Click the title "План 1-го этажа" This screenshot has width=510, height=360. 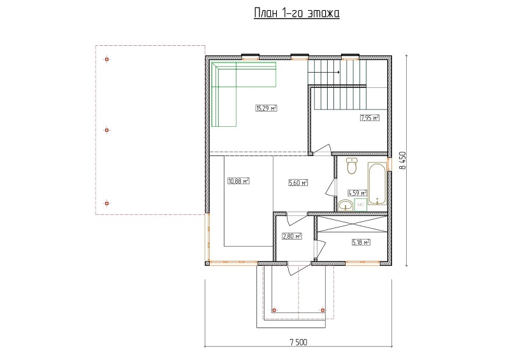pyautogui.click(x=296, y=13)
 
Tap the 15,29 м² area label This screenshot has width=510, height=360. pyautogui.click(x=266, y=108)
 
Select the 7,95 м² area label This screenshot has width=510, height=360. pyautogui.click(x=370, y=118)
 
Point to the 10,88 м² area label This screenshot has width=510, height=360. pyautogui.click(x=238, y=181)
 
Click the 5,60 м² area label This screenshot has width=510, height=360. pyautogui.click(x=298, y=183)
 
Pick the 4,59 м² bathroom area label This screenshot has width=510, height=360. pyautogui.click(x=358, y=193)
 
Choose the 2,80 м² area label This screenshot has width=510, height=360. pyautogui.click(x=292, y=236)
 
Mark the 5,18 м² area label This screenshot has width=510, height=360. pyautogui.click(x=361, y=242)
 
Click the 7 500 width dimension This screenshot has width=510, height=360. pyautogui.click(x=298, y=342)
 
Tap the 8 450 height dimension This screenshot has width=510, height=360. pyautogui.click(x=403, y=161)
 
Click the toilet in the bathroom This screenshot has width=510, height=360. pyautogui.click(x=352, y=165)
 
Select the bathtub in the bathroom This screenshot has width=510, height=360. pyautogui.click(x=377, y=184)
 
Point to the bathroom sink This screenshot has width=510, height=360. pyautogui.click(x=346, y=206)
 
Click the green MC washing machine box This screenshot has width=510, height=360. pyautogui.click(x=360, y=205)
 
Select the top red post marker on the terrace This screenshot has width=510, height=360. pyautogui.click(x=106, y=59)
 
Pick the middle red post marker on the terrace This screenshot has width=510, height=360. pyautogui.click(x=106, y=130)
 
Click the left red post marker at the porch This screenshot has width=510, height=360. pyautogui.click(x=274, y=310)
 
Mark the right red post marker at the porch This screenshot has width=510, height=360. pyautogui.click(x=323, y=310)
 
